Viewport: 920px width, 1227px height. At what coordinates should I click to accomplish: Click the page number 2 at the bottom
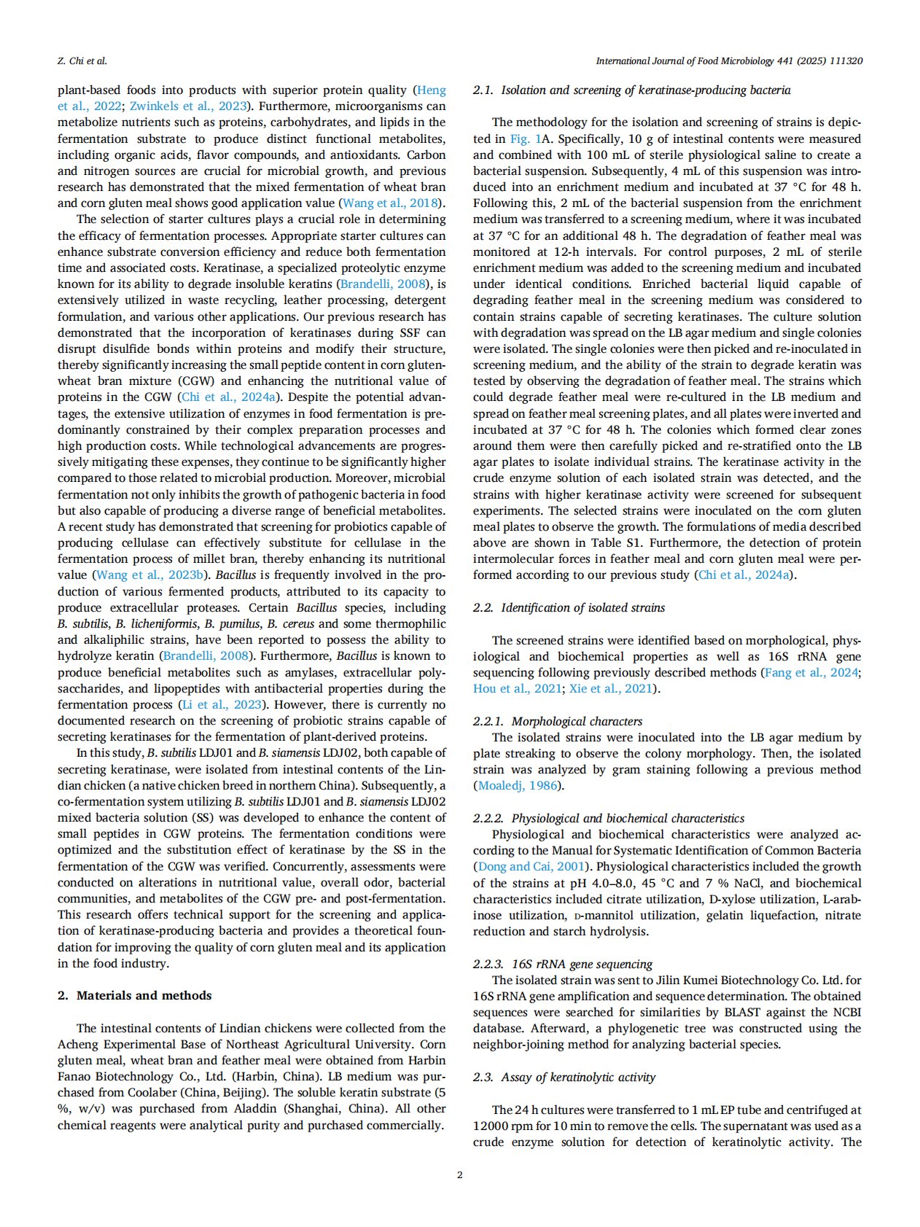point(459,1175)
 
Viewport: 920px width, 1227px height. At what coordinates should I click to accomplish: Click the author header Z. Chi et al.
point(82,61)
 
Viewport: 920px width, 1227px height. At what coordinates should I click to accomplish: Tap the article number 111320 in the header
point(846,61)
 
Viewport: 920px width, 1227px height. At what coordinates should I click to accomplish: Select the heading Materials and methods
point(144,995)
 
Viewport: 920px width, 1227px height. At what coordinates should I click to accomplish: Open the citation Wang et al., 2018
point(391,203)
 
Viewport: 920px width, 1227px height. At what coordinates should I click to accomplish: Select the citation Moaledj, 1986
point(517,785)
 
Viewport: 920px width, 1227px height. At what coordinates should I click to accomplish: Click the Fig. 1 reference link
point(525,139)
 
